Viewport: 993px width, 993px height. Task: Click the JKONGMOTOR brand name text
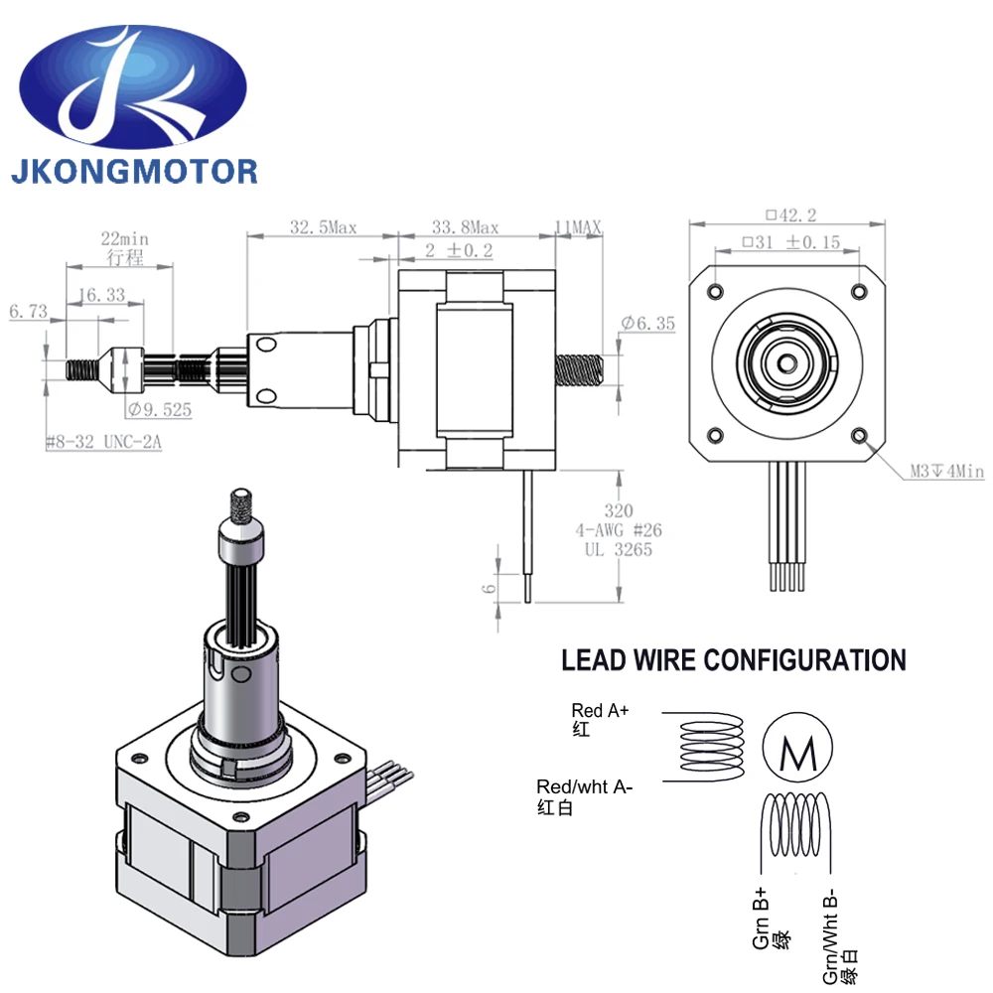tap(134, 170)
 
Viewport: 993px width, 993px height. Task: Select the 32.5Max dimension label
tap(323, 227)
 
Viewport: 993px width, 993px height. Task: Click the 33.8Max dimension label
tap(465, 227)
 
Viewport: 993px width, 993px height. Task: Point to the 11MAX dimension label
tap(577, 227)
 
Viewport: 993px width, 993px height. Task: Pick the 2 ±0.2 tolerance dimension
tap(458, 250)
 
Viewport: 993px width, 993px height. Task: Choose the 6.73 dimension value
tap(28, 312)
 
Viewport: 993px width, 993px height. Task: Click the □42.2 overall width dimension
tap(790, 213)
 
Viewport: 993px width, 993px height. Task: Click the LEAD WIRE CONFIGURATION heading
tap(733, 660)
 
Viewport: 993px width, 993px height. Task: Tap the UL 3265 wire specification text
tap(619, 549)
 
